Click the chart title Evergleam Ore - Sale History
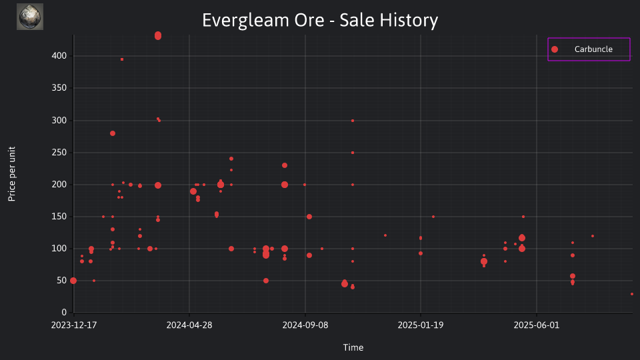pos(320,20)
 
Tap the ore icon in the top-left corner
pos(30,17)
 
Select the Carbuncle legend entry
pos(589,49)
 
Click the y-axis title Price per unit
pos(12,174)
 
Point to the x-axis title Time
pos(353,347)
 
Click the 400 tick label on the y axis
pos(59,56)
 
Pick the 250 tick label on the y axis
pos(59,152)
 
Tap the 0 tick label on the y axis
pos(64,313)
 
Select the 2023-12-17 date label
pos(74,325)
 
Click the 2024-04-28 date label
pos(189,325)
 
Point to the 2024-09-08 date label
pos(305,325)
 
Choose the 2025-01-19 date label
pos(421,325)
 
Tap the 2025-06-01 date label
pos(537,325)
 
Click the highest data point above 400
pos(158,35)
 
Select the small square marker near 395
pos(122,59)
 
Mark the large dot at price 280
pos(113,133)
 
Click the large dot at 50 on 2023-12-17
pos(73,281)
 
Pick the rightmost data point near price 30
pos(632,294)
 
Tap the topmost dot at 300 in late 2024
pos(353,121)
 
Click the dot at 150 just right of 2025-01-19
pos(433,217)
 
